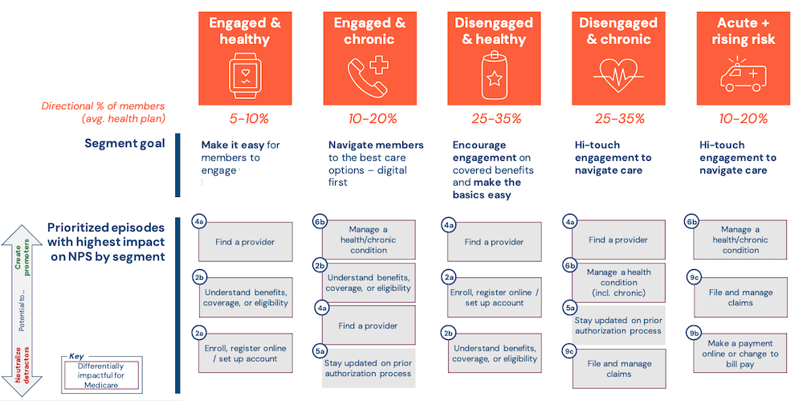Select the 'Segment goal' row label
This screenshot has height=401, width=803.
point(124,144)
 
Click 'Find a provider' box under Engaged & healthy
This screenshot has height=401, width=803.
point(246,242)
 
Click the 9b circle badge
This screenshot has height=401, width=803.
point(693,333)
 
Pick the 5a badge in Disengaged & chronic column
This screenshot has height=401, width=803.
point(569,307)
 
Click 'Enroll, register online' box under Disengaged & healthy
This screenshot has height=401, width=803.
point(495,297)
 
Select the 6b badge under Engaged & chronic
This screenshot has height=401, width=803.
point(319,221)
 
